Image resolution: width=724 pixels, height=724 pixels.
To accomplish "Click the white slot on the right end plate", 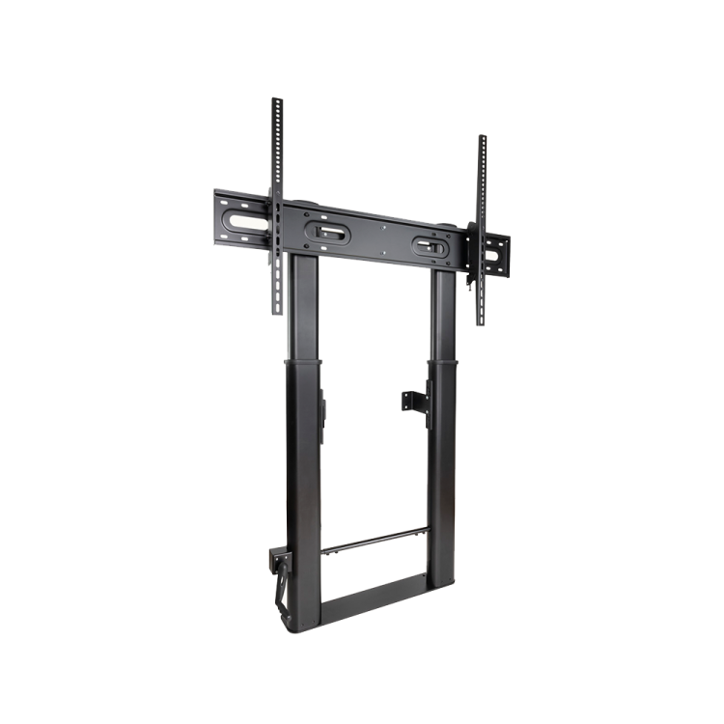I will point(495,257).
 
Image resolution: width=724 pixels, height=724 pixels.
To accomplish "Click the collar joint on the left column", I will point(303,362).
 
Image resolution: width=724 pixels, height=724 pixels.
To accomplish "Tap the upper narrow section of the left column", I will point(305,309).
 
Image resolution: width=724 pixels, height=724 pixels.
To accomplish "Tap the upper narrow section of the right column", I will point(442,314).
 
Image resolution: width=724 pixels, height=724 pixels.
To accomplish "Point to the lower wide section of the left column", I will point(303,483).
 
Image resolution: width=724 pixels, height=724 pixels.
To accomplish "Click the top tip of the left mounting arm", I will point(275,99).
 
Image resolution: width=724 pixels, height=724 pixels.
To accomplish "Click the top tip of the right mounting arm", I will point(482,137).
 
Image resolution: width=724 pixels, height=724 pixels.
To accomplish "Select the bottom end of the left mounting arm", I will point(275,311).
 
